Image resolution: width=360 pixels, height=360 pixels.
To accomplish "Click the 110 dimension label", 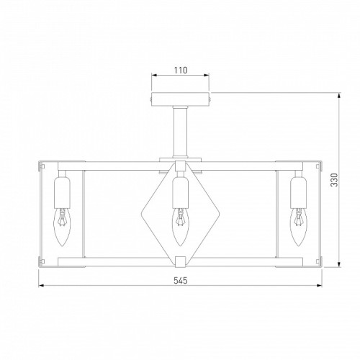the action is pos(181,71).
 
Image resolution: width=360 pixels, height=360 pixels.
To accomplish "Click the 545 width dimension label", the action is pos(181,280).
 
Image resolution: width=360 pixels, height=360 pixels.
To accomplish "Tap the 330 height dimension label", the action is pos(334,180).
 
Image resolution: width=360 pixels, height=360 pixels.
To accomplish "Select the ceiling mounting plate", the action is pos(180,99).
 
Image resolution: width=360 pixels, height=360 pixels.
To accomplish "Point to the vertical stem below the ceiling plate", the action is pos(180,133).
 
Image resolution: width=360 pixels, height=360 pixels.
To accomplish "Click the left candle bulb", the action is pos(62,227).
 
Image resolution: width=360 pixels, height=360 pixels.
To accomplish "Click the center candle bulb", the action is pos(180,227).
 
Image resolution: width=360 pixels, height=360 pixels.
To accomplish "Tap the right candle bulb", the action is pos(298,227).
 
